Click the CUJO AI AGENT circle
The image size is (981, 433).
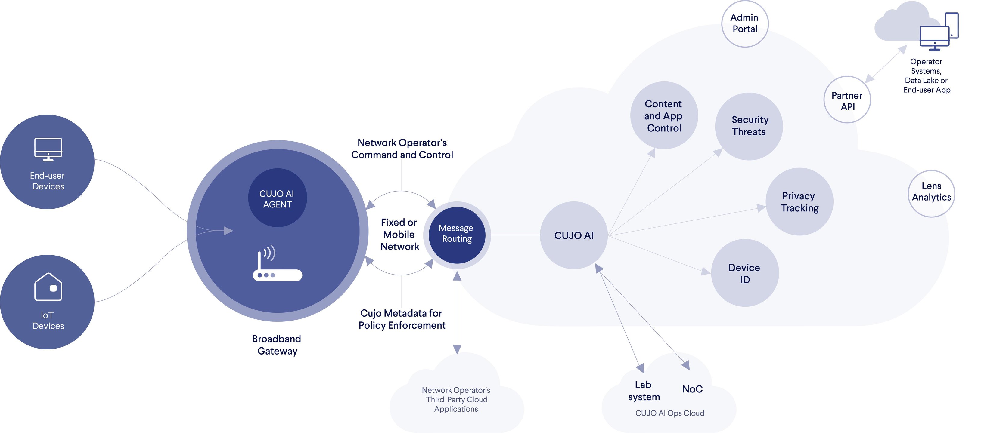click(277, 198)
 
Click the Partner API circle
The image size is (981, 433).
click(847, 100)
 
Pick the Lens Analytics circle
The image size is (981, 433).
click(931, 192)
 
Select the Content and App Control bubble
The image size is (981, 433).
click(664, 115)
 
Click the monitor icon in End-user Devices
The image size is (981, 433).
click(48, 149)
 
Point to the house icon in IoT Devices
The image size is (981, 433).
click(48, 287)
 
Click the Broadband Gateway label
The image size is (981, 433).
click(277, 345)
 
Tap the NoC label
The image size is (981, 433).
click(692, 389)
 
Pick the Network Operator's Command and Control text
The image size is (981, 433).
click(402, 149)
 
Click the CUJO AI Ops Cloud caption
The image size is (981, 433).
click(669, 413)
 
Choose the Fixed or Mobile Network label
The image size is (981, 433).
click(399, 234)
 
